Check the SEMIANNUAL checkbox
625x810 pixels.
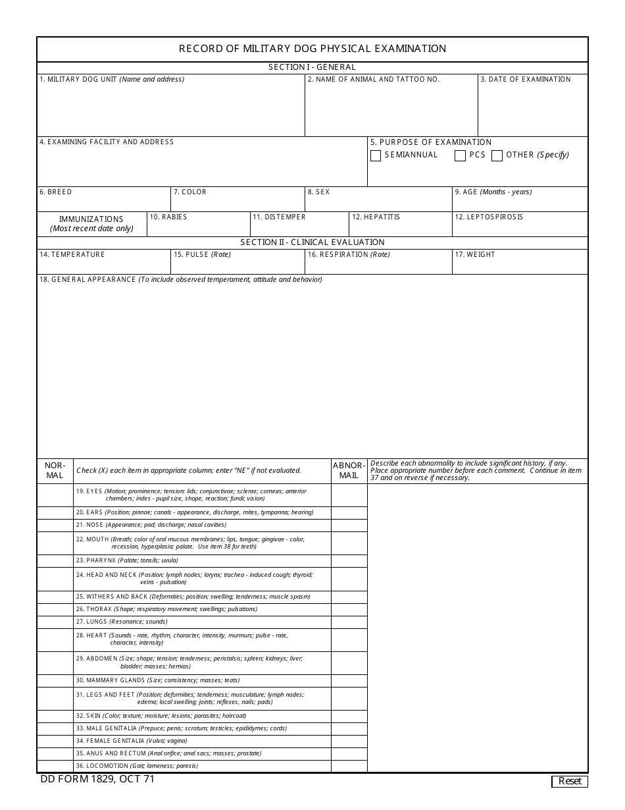(376, 156)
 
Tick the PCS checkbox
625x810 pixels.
(461, 156)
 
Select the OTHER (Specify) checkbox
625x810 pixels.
(497, 156)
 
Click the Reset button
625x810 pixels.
(569, 781)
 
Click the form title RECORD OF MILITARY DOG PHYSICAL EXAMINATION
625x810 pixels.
(312, 49)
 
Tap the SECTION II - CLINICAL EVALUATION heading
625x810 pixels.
(312, 242)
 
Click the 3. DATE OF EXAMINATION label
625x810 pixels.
(526, 80)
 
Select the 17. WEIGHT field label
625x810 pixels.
(475, 255)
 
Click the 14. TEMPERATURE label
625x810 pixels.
(72, 255)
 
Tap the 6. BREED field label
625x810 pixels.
(56, 192)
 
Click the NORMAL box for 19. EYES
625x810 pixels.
(55, 495)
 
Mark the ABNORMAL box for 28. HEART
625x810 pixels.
(349, 639)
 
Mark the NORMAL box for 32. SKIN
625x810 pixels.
(55, 716)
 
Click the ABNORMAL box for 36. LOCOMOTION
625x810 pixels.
(349, 766)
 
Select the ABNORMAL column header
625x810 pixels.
(349, 471)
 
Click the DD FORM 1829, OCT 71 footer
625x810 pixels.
(97, 779)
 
